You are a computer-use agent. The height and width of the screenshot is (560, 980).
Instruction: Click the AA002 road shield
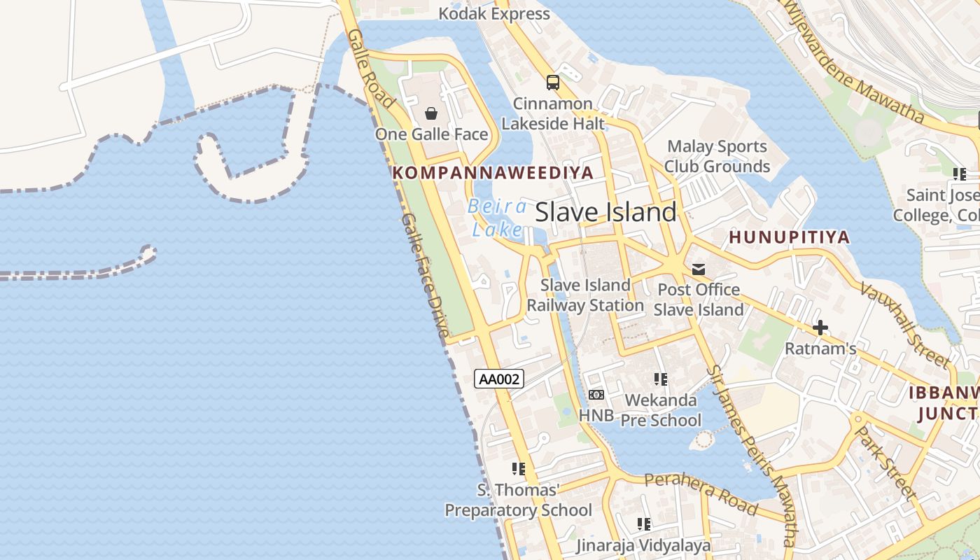[x=499, y=379]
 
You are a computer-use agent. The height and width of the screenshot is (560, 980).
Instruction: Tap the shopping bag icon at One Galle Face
[x=431, y=113]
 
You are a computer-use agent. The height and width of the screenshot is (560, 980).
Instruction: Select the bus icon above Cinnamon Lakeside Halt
[x=553, y=83]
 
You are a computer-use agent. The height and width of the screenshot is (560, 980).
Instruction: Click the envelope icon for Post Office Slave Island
[x=698, y=269]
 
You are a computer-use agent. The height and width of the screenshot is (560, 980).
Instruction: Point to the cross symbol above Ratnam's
[x=820, y=328]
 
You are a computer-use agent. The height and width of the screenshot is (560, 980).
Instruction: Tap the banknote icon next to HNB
[x=596, y=395]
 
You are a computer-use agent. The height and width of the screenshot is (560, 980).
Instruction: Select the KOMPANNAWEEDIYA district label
[x=493, y=172]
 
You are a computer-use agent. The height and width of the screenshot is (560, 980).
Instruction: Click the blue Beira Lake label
[x=498, y=218]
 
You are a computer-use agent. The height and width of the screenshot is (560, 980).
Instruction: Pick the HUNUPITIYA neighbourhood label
[x=789, y=237]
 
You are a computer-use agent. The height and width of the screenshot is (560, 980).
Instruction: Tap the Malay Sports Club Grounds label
[x=717, y=156]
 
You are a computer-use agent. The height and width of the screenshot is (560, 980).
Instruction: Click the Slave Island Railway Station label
[x=585, y=295]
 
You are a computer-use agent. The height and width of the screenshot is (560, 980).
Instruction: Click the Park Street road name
[x=886, y=463]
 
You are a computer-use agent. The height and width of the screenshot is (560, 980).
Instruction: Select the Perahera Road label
[x=701, y=492]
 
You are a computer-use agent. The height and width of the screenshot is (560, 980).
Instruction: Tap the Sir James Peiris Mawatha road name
[x=751, y=455]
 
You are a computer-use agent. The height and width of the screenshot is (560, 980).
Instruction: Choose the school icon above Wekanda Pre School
[x=660, y=379]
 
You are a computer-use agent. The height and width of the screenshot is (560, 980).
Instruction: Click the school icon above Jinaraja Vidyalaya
[x=644, y=524]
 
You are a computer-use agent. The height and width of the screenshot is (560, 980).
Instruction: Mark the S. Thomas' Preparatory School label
[x=519, y=500]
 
